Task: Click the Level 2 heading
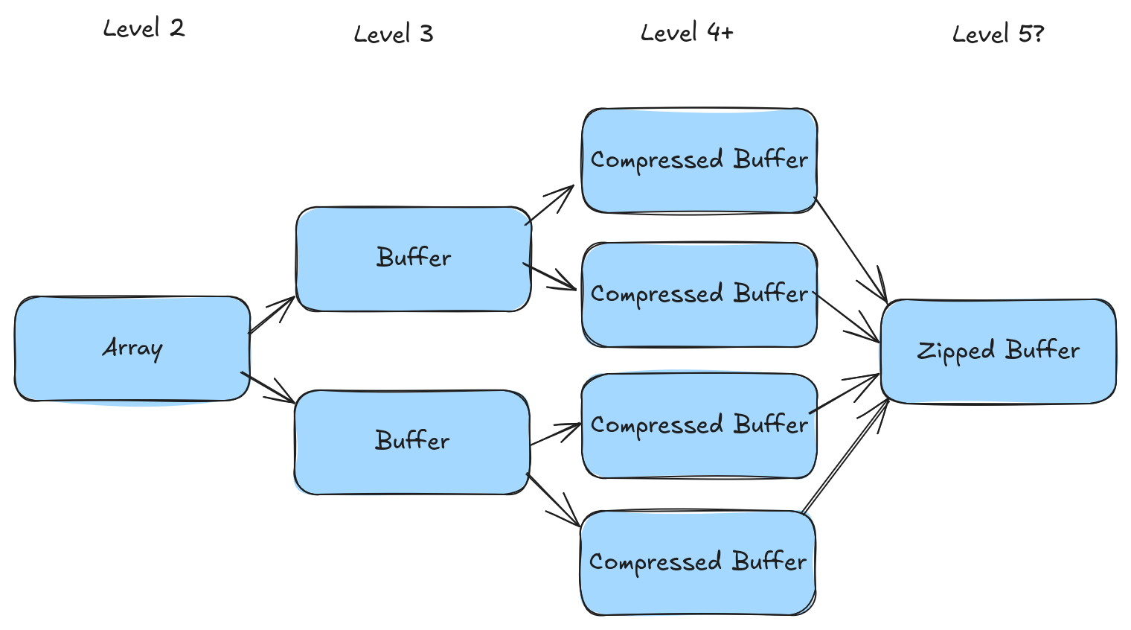pos(143,28)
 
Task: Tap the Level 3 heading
pos(393,34)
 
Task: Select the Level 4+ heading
pos(686,33)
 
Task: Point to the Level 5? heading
pos(997,34)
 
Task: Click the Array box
pos(132,349)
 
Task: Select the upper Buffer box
pos(413,258)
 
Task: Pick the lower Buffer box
pos(411,442)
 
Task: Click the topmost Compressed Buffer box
pos(699,160)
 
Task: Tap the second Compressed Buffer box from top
pos(699,294)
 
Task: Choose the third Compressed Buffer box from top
pos(699,425)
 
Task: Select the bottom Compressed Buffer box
pos(697,562)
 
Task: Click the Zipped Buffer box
pos(998,351)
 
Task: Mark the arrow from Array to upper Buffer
pos(272,314)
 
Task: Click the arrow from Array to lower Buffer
pos(268,387)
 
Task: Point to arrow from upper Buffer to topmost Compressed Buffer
pos(550,204)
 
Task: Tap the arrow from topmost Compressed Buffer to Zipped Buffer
pos(851,249)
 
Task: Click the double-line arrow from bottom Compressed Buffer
pos(845,456)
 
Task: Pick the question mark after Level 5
pos(1038,33)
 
